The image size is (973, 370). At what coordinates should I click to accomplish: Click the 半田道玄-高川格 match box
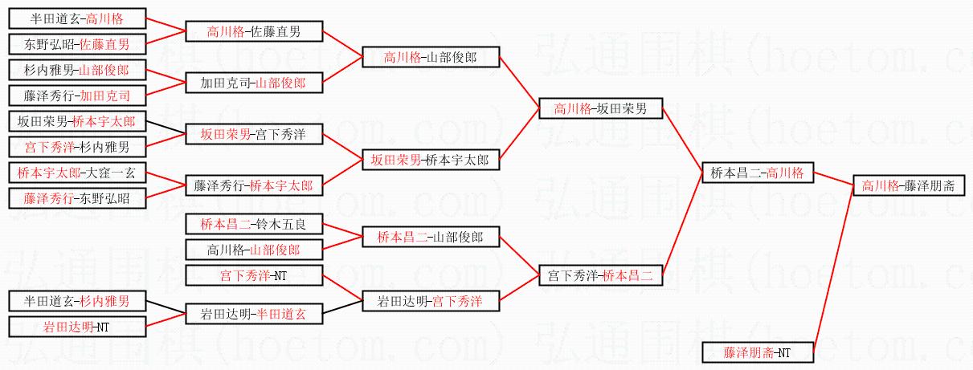pos(77,18)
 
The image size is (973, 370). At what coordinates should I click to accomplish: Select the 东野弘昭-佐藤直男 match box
pos(77,44)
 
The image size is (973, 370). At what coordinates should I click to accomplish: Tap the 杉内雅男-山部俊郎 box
pos(77,71)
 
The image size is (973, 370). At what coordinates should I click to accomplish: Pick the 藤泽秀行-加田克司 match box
pos(77,96)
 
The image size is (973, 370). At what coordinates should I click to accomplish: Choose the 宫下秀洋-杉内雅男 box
pos(77,147)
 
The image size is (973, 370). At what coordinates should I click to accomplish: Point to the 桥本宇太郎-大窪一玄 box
pos(77,173)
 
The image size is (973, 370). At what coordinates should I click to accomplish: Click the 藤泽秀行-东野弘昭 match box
pos(77,198)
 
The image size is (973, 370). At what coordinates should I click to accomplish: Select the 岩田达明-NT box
pos(77,327)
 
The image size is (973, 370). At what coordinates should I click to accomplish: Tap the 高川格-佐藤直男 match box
pos(254,32)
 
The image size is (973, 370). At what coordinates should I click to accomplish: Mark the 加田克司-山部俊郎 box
pos(254,83)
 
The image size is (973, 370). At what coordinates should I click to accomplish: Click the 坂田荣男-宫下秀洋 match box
pos(254,134)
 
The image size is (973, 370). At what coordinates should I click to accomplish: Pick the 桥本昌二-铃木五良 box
pos(254,224)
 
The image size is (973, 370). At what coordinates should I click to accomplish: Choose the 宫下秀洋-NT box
pos(254,276)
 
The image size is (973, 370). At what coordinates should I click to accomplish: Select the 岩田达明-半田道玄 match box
pos(254,314)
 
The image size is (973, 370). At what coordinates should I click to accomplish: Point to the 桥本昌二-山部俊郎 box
pos(431,238)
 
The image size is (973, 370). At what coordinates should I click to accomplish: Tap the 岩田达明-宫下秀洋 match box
pos(431,302)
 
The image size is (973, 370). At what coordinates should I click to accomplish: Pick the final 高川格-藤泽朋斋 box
pos(908,185)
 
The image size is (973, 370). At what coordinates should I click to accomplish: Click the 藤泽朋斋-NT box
pos(758,352)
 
